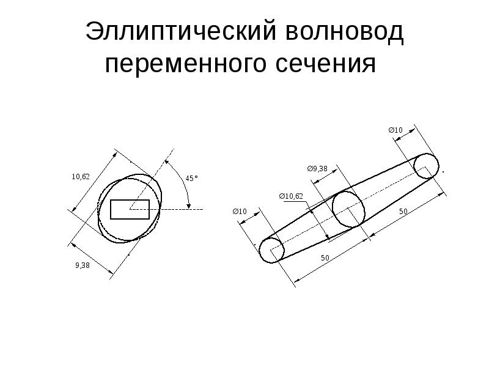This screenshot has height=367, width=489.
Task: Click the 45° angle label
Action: tap(192, 179)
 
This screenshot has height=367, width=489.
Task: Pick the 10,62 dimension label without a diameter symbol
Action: tap(81, 177)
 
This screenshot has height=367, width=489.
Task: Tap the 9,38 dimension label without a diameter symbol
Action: tap(83, 265)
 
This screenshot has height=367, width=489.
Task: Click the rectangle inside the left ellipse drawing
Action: tap(130, 209)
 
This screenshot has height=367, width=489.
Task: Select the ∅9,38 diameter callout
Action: tap(317, 168)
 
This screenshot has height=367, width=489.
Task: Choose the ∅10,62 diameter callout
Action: tap(291, 196)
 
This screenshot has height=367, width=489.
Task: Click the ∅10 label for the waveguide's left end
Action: tap(240, 212)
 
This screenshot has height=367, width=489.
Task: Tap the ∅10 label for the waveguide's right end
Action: tap(396, 130)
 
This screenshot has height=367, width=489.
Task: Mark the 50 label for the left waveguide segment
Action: tap(325, 259)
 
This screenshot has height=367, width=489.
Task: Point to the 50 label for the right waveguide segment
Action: tap(403, 211)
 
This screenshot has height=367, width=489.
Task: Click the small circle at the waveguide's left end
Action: tap(271, 250)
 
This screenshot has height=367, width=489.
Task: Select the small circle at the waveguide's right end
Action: tap(426, 166)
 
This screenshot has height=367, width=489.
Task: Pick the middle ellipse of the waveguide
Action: tap(348, 209)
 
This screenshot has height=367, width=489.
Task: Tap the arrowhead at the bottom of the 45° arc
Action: tap(189, 206)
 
